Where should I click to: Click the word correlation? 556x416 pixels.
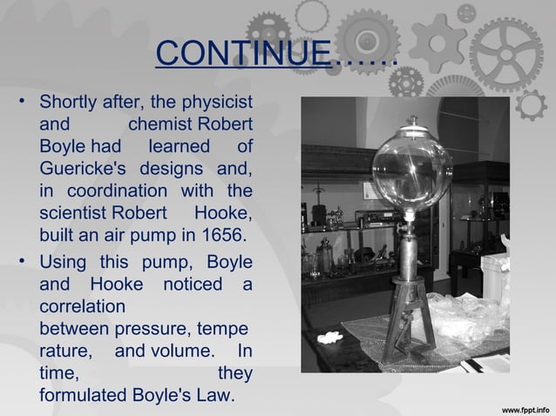pyautogui.click(x=82, y=307)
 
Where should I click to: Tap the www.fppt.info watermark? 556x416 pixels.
pyautogui.click(x=526, y=406)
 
